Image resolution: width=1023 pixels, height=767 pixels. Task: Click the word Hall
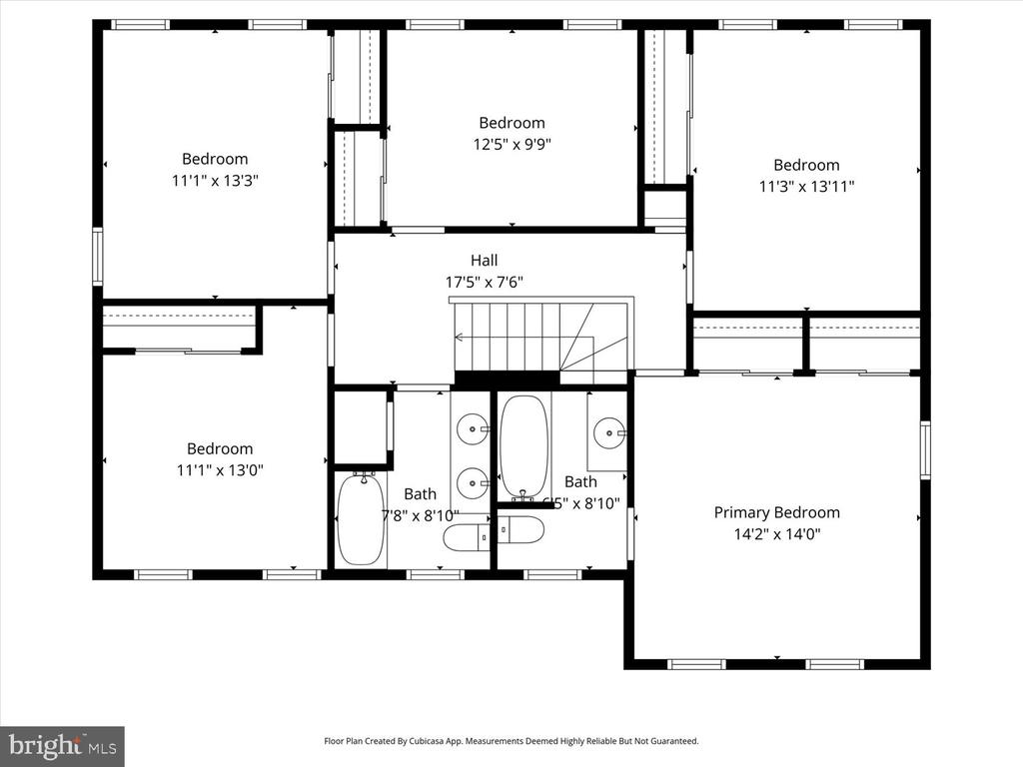[x=484, y=261]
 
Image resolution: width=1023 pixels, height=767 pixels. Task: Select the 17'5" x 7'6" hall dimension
[x=484, y=283]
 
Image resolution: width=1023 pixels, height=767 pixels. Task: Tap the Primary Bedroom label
[x=776, y=512]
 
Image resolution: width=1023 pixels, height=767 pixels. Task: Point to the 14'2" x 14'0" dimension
[x=776, y=534]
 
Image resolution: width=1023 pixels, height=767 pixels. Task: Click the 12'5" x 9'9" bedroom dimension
[x=511, y=144]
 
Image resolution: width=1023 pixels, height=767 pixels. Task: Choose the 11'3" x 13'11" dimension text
[x=806, y=186]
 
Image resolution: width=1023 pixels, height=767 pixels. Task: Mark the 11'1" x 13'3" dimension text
[x=215, y=180]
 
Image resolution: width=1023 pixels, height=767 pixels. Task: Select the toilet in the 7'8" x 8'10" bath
[x=467, y=537]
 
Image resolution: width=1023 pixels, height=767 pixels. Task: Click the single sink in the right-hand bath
[x=608, y=432]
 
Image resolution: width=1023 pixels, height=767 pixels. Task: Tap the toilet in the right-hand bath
[x=520, y=530]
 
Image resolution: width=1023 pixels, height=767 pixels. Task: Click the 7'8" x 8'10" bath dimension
[x=420, y=516]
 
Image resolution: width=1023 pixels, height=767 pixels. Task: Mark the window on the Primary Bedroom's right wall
[x=925, y=450]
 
